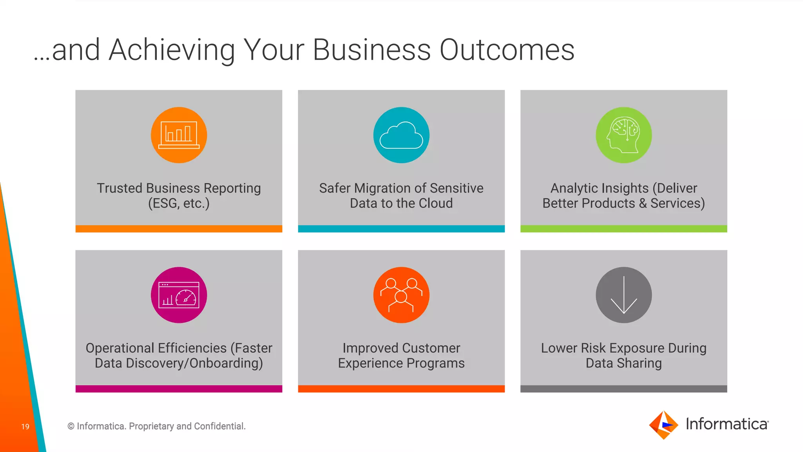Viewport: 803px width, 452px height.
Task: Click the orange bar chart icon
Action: point(179,135)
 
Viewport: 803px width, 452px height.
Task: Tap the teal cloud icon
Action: point(401,135)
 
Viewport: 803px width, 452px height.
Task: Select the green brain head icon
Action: point(623,135)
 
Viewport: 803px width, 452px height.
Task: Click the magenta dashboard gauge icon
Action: point(179,295)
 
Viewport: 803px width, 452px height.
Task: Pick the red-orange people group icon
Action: point(401,295)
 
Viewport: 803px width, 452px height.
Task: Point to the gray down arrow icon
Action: point(623,295)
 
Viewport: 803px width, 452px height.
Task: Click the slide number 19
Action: point(25,426)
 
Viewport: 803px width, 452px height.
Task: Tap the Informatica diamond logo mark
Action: point(663,425)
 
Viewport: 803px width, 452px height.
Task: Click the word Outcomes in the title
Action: point(507,50)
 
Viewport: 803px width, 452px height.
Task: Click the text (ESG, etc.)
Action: point(179,203)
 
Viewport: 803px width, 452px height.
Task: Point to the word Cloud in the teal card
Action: point(436,203)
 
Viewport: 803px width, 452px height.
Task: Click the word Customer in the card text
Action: point(431,348)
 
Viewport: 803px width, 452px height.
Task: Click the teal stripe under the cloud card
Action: point(401,229)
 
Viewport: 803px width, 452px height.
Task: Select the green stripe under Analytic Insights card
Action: point(623,229)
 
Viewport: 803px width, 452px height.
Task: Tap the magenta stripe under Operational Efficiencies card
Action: point(179,389)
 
